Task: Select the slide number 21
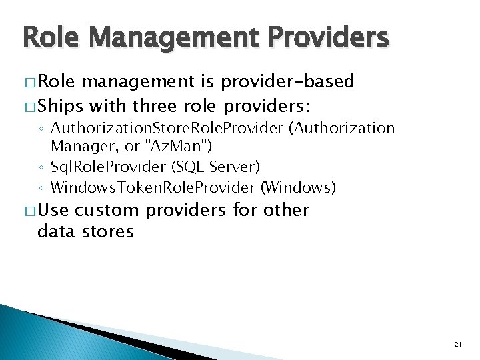(457, 344)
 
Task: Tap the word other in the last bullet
(287, 211)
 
